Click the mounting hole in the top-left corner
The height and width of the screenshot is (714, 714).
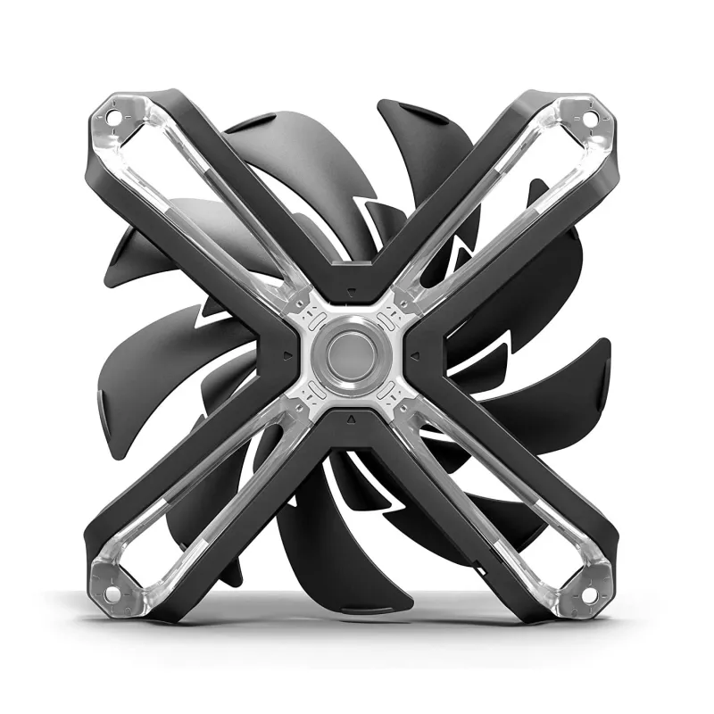tap(115, 116)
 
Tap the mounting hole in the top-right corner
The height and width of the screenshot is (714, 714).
tap(590, 116)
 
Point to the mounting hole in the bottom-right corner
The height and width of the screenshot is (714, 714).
tap(590, 592)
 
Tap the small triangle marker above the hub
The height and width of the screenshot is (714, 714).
tap(353, 290)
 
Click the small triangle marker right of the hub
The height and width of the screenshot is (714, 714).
tap(417, 354)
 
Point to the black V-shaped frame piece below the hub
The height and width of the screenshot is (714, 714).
tap(353, 434)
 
